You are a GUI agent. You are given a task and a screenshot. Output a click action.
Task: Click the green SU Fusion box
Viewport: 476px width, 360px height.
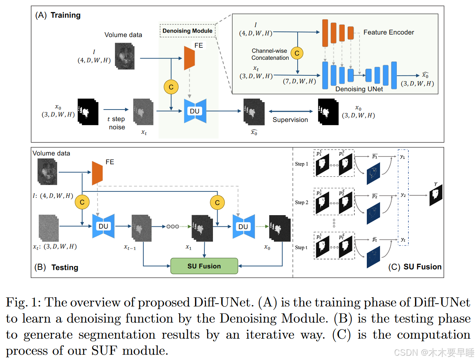[x=204, y=266]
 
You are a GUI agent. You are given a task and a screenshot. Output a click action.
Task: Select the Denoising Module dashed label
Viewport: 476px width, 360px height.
[x=187, y=31]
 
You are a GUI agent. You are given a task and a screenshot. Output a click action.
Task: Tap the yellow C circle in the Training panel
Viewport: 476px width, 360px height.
[x=171, y=87]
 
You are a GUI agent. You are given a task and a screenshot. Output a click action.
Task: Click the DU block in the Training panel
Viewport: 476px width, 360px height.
[x=194, y=111]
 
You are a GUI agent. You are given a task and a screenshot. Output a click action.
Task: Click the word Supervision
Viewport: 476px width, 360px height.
[x=290, y=120]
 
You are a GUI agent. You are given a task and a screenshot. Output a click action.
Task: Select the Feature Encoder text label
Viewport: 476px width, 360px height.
[x=389, y=32]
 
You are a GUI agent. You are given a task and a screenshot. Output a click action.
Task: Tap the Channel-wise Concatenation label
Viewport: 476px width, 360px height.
[x=270, y=54]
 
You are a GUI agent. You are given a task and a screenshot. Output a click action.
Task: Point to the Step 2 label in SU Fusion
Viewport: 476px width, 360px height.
[x=302, y=202]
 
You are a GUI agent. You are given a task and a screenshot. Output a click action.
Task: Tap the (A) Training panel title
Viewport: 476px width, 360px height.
[x=58, y=16]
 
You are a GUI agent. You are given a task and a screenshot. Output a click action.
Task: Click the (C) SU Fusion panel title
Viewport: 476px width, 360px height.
[x=415, y=267]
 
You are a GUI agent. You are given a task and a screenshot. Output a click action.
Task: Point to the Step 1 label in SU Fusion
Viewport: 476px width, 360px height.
[x=302, y=164]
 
